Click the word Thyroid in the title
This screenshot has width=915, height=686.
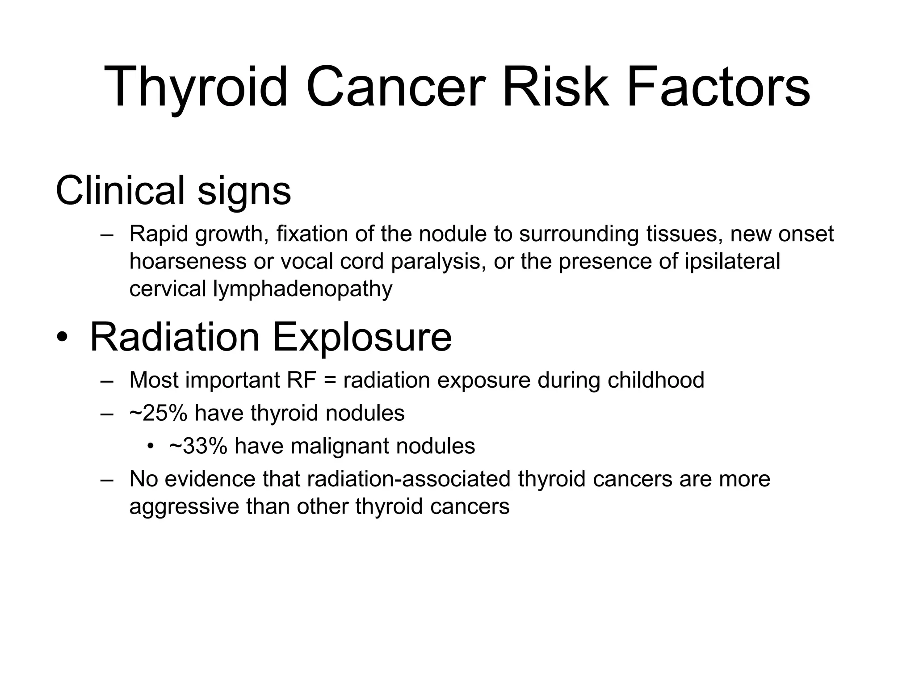click(x=196, y=87)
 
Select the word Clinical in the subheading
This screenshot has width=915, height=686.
click(x=120, y=191)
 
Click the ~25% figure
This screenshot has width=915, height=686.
click(x=158, y=413)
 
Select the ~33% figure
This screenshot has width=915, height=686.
click(x=198, y=446)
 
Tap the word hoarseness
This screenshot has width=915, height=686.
click(x=188, y=261)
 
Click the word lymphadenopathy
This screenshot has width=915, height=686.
click(x=302, y=289)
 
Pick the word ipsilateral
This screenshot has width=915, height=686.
click(x=732, y=261)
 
